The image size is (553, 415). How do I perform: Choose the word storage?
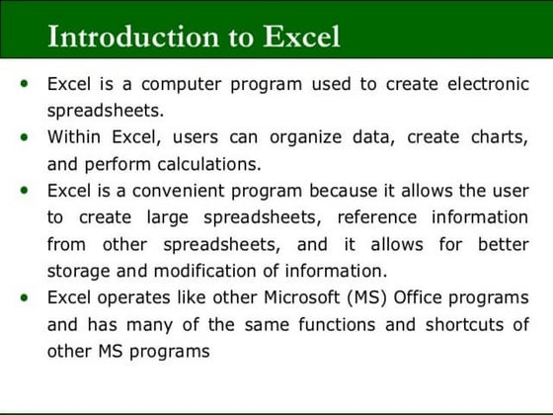point(79,271)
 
